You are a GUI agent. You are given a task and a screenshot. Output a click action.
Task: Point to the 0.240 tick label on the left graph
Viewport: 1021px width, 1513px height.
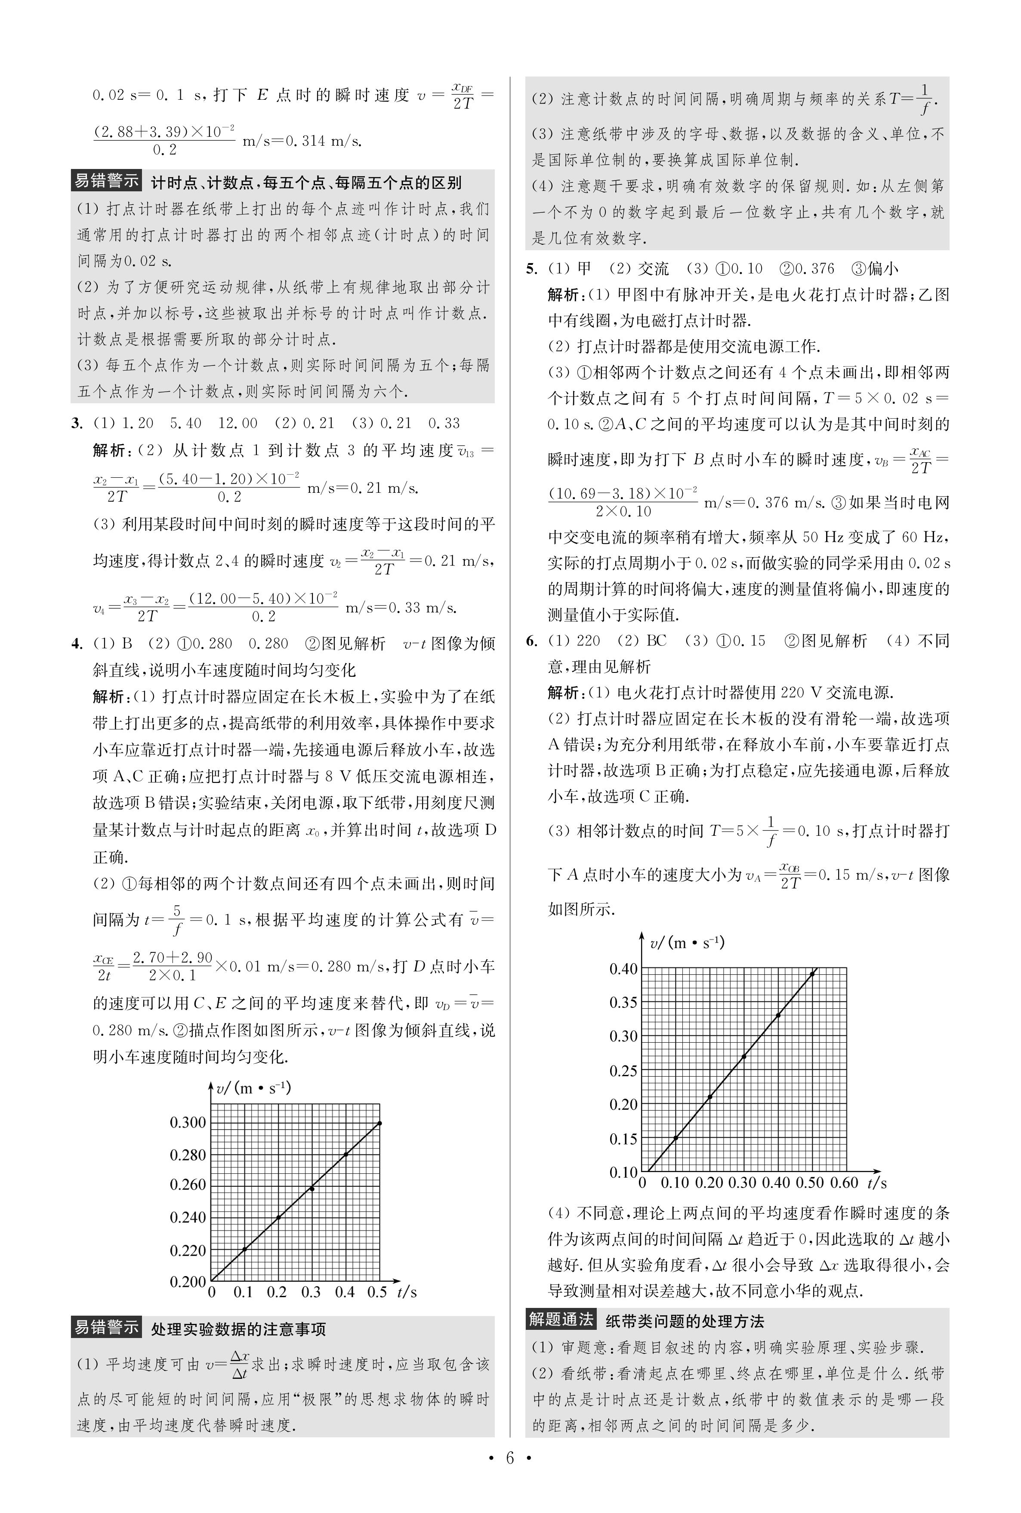click(x=188, y=1217)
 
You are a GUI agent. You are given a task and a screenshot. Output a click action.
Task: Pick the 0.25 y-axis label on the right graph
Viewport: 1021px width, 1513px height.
click(x=623, y=1071)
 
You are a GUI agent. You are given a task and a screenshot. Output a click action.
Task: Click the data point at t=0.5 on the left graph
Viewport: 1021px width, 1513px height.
click(x=379, y=1123)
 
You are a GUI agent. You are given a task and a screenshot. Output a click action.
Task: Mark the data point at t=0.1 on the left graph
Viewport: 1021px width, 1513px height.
click(x=245, y=1249)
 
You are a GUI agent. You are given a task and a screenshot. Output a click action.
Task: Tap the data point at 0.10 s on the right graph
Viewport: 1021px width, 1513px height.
click(x=676, y=1138)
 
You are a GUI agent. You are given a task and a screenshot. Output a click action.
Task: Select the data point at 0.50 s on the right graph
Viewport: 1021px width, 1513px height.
click(x=812, y=973)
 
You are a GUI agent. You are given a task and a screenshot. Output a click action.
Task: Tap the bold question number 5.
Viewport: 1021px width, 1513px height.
click(x=532, y=269)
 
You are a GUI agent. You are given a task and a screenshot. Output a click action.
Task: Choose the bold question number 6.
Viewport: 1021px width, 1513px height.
click(x=532, y=641)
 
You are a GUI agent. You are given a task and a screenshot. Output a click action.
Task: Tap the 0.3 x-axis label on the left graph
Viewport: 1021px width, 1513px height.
click(x=311, y=1292)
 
